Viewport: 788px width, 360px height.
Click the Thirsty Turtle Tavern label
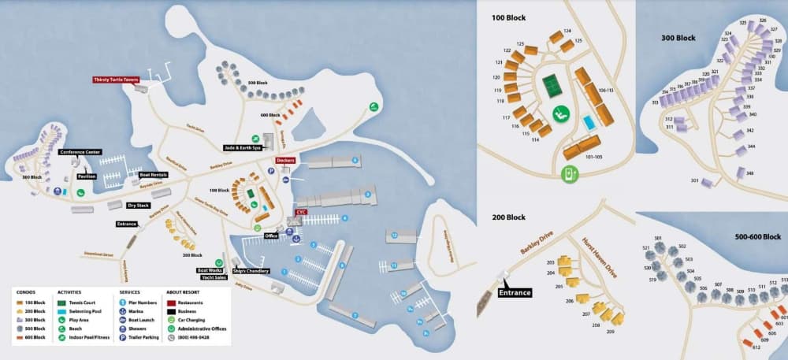coord(115,80)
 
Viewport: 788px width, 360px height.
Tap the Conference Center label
coord(80,152)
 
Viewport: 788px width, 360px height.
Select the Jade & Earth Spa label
coord(240,147)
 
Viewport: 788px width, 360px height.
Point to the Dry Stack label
coord(139,205)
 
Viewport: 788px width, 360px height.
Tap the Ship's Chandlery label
coord(251,271)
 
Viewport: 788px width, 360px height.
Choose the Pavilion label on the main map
coord(87,176)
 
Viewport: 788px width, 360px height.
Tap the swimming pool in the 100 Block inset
coord(589,123)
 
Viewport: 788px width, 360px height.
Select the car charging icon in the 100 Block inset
coord(569,175)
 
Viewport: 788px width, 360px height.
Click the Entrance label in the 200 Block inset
coord(515,292)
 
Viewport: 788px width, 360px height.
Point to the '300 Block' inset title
coord(678,37)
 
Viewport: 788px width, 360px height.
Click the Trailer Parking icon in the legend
coord(122,337)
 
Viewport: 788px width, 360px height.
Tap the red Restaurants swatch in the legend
coord(171,302)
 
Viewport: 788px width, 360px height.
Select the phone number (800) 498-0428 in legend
coord(192,337)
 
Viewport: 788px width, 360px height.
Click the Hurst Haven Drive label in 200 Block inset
coord(600,260)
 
